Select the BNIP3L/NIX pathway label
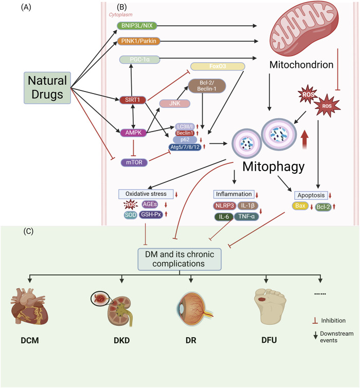138,25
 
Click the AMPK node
132,132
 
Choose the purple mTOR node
131,162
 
